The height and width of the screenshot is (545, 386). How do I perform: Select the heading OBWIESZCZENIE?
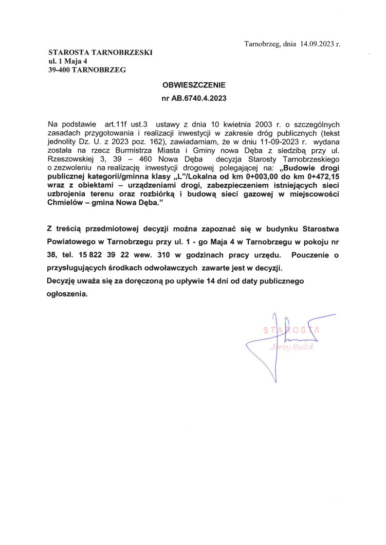click(194, 85)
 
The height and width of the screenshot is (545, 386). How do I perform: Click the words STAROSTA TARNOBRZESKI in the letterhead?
click(100, 52)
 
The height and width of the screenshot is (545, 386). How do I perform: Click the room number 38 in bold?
click(52, 254)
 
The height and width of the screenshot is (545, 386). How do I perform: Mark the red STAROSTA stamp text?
click(291, 330)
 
